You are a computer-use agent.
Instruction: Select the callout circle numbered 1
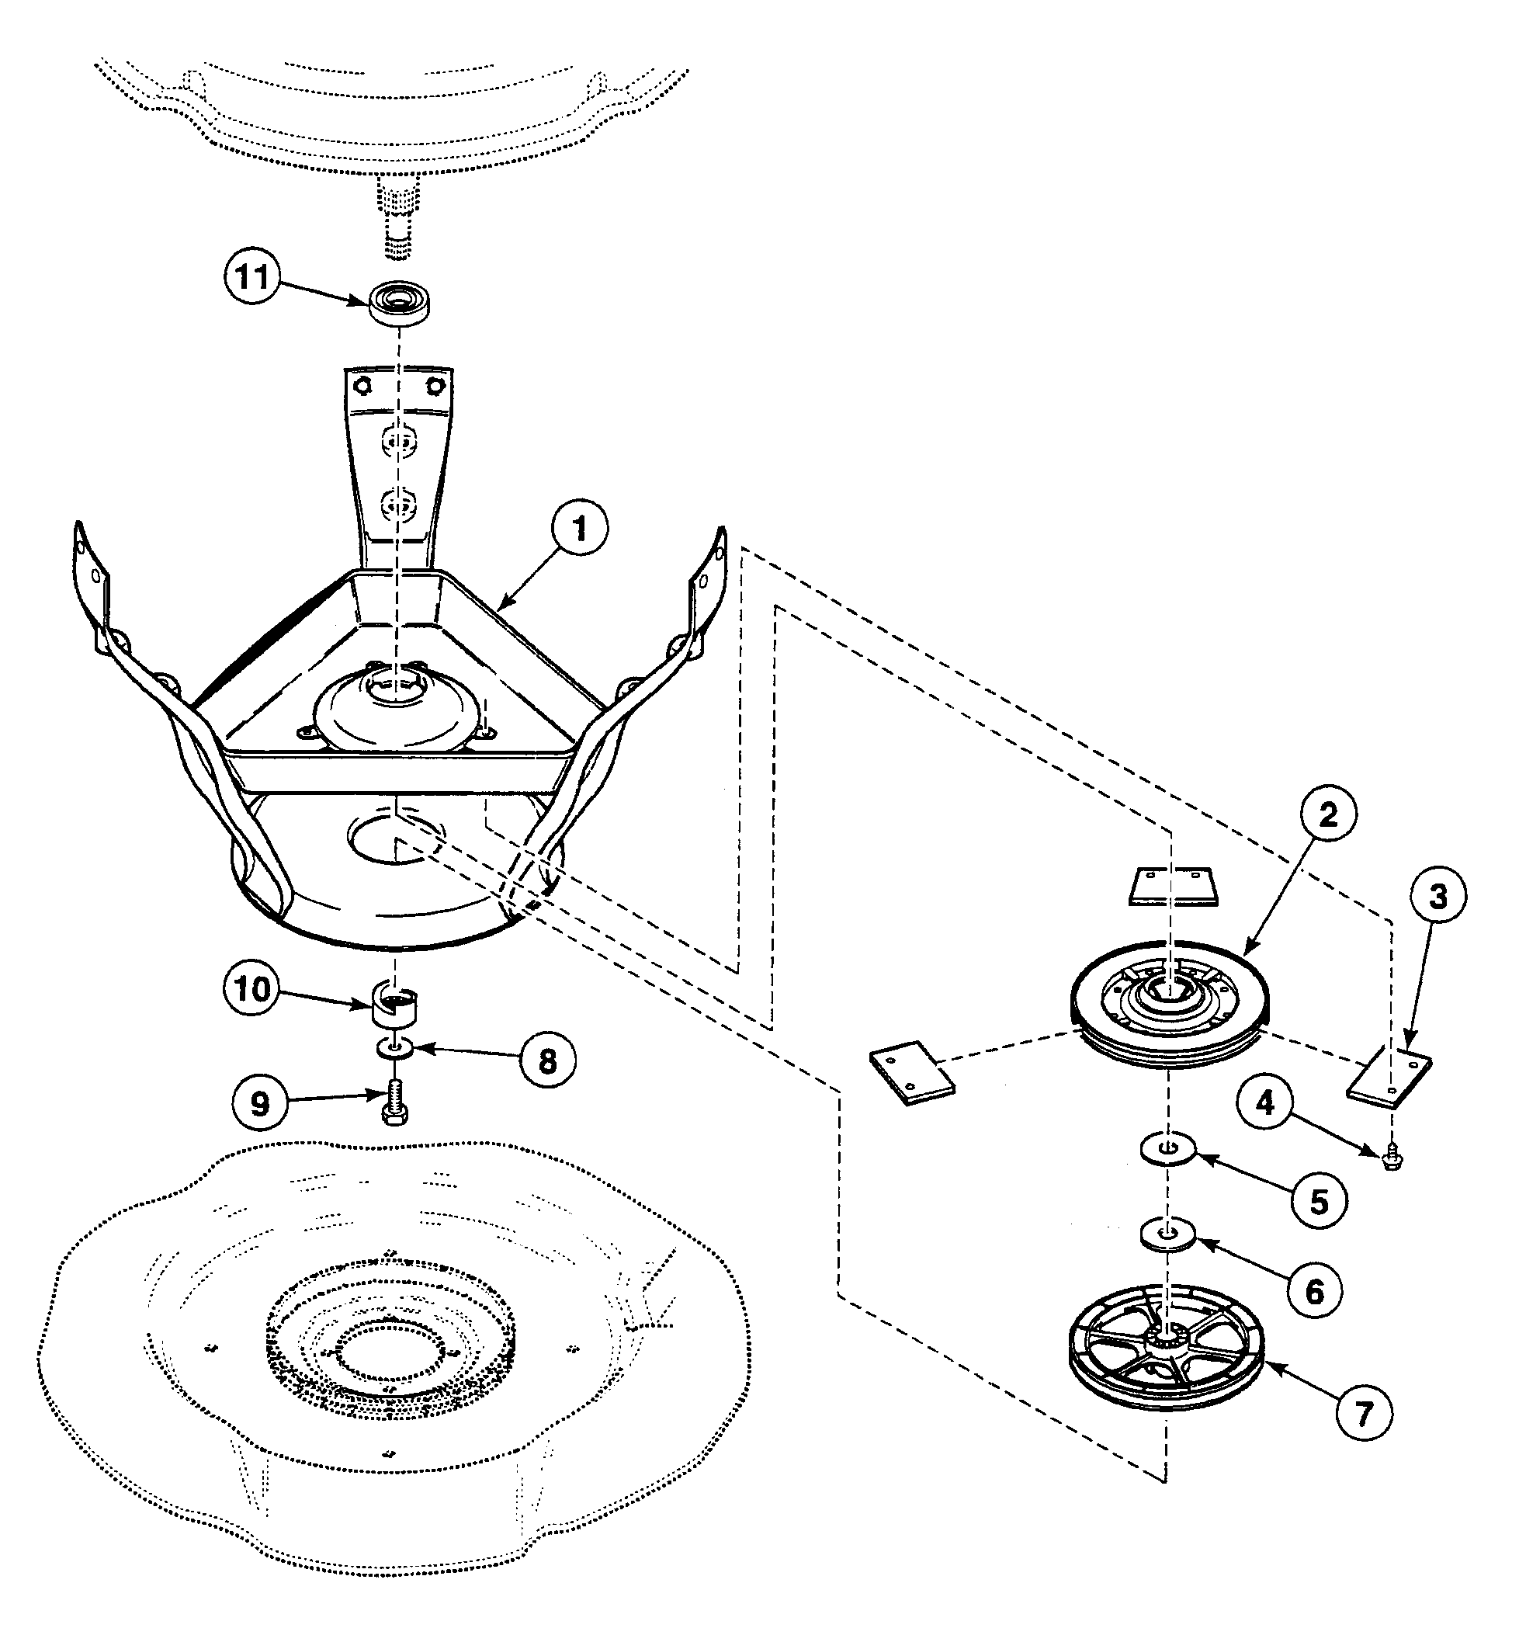point(580,529)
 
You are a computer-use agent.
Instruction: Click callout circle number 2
point(1327,814)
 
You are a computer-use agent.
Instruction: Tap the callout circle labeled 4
point(1266,1103)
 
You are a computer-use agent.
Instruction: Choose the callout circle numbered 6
point(1314,1291)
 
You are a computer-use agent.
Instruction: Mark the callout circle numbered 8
point(547,1061)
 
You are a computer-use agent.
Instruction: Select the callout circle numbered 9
point(260,1104)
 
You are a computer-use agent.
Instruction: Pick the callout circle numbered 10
point(251,989)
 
